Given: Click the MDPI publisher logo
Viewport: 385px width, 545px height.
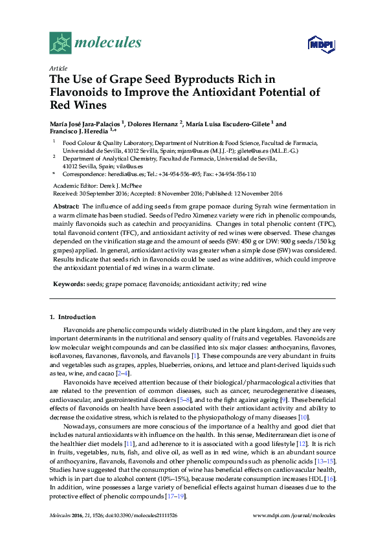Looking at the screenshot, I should point(321,44).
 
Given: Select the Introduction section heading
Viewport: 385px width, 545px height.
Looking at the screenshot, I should point(77,317).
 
